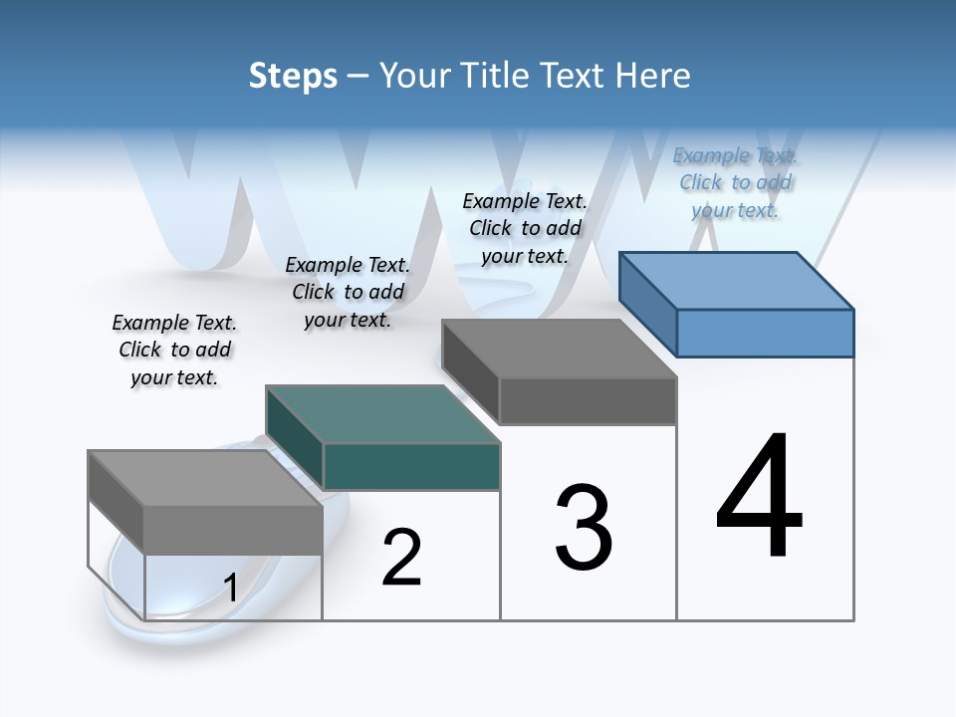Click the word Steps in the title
click(x=293, y=76)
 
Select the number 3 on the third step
click(x=584, y=528)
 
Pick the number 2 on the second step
click(x=401, y=558)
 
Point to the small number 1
click(x=230, y=588)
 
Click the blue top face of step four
click(x=737, y=280)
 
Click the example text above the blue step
click(x=735, y=182)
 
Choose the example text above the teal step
click(x=348, y=292)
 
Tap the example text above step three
click(x=525, y=228)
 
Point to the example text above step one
click(x=174, y=350)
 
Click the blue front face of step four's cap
click(x=765, y=333)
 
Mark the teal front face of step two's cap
click(x=411, y=466)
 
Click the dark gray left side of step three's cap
click(x=470, y=371)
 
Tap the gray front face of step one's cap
click(x=233, y=529)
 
